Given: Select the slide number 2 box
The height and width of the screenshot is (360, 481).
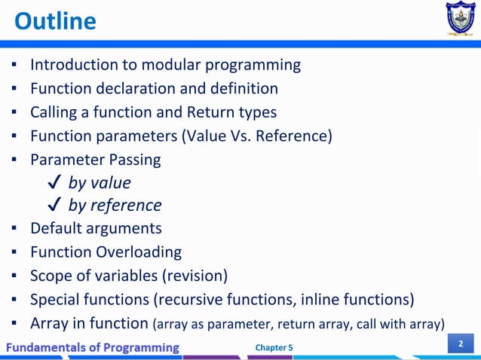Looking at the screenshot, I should click(461, 345).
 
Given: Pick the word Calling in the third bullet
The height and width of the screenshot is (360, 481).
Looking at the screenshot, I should click(56, 112).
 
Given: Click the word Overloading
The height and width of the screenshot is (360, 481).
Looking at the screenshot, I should click(139, 252).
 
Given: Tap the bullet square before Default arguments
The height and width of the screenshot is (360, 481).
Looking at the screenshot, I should click(14, 228).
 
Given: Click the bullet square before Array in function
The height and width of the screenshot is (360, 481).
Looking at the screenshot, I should click(14, 324).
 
